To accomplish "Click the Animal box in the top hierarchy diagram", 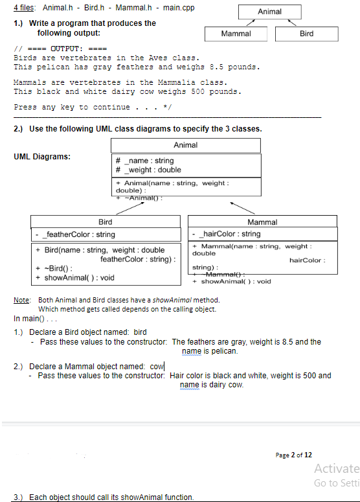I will click(269, 12).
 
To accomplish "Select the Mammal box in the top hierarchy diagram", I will click(236, 33).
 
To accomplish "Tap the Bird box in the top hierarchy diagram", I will click(307, 33).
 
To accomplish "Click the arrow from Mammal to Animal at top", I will click(249, 23).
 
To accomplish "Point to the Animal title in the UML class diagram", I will click(186, 145).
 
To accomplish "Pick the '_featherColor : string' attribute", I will click(78, 234).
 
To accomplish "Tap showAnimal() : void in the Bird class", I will click(82, 278).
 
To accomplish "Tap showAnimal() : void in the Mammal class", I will click(236, 282).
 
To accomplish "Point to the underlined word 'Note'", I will click(21, 300).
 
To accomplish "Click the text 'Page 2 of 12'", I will click(293, 455).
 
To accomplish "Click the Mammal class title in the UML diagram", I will click(262, 222).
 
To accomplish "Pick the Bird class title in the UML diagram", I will click(105, 222).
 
